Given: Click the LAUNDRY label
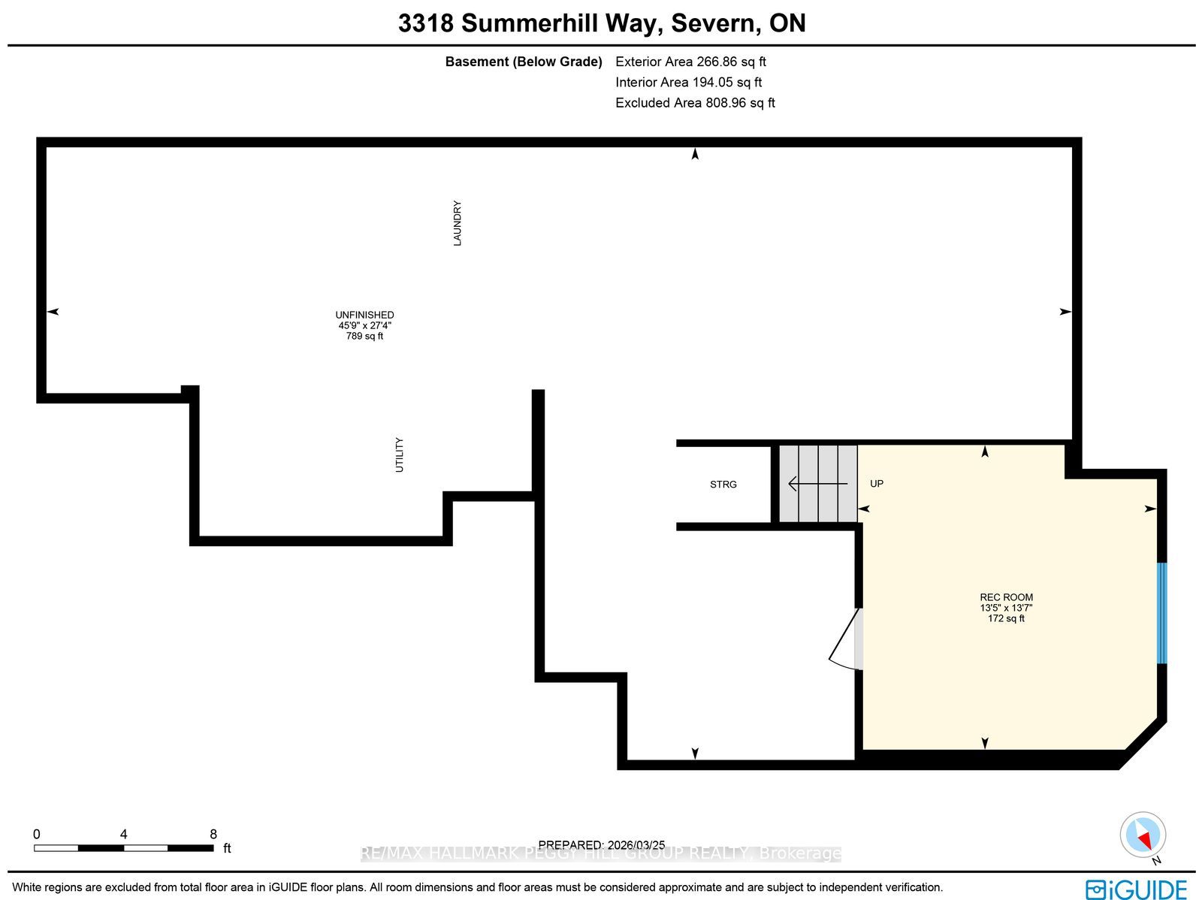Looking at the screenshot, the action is pyautogui.click(x=458, y=223).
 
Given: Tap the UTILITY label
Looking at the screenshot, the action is pyautogui.click(x=399, y=455).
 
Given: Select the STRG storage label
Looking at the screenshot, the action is pyautogui.click(x=723, y=485).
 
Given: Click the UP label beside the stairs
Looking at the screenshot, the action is pyautogui.click(x=877, y=483).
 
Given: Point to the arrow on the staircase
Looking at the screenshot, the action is pyautogui.click(x=817, y=484).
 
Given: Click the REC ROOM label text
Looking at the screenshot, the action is pyautogui.click(x=1007, y=597).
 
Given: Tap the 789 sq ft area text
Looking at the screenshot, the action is pyautogui.click(x=364, y=336).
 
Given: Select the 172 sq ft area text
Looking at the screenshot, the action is pyautogui.click(x=1006, y=618).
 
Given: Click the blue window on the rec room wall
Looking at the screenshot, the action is pyautogui.click(x=1161, y=613).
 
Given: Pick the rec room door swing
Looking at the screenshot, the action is pyautogui.click(x=844, y=639).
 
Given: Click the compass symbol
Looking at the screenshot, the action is pyautogui.click(x=1143, y=836).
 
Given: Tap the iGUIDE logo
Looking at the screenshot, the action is pyautogui.click(x=1137, y=888).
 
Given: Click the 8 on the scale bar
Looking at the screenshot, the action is pyautogui.click(x=213, y=834).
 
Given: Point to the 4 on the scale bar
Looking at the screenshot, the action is pyautogui.click(x=124, y=834).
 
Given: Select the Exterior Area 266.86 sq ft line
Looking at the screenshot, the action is pyautogui.click(x=690, y=62).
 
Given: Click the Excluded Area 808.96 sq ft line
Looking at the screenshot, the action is pyautogui.click(x=695, y=103).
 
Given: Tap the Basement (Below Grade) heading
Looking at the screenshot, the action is pyautogui.click(x=524, y=62).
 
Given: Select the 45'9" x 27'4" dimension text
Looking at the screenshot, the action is pyautogui.click(x=364, y=326).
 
